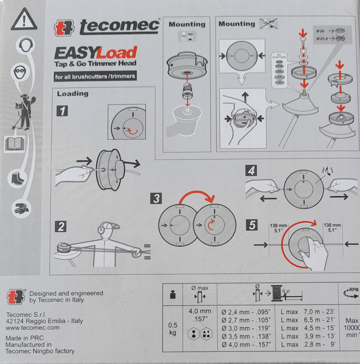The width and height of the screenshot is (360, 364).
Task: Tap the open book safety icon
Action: (15, 144)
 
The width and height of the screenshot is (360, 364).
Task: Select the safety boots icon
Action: (17, 178)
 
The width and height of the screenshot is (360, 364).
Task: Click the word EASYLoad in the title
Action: (95, 53)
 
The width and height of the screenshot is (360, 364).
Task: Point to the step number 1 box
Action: (62, 112)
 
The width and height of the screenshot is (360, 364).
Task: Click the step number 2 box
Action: (61, 226)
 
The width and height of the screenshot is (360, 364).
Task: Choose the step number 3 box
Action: (156, 198)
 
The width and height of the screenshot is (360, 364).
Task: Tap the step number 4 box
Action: (251, 171)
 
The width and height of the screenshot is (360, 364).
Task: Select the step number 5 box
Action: (252, 225)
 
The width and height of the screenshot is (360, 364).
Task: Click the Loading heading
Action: (72, 94)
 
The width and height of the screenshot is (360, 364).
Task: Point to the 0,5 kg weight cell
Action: (173, 329)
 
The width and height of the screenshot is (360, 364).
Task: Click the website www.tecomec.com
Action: (33, 328)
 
